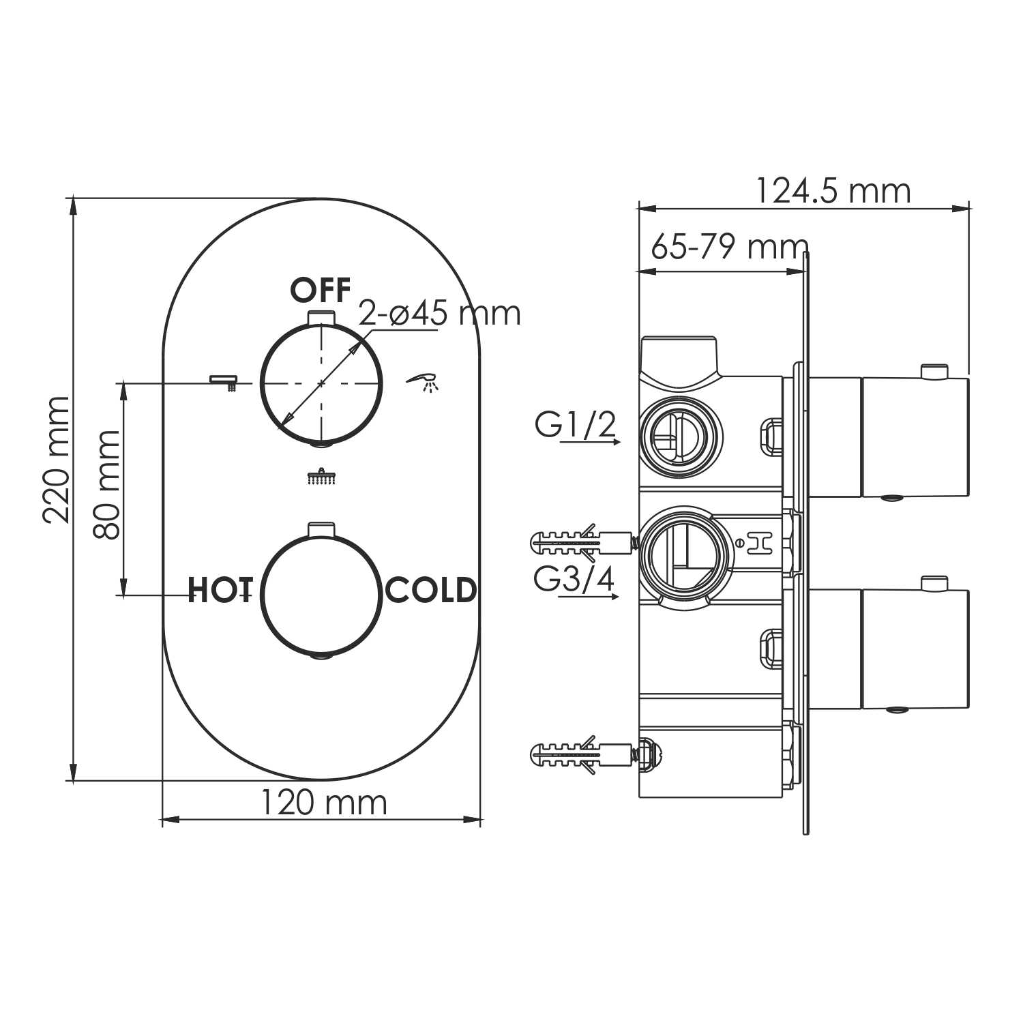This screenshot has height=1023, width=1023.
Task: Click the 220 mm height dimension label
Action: pos(56,460)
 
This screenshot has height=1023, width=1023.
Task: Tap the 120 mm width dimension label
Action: pos(323,803)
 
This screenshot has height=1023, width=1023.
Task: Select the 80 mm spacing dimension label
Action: pos(107,484)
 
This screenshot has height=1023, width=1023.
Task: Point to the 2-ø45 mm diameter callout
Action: pos(440,314)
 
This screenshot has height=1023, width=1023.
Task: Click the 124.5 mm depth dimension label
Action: pos(833,191)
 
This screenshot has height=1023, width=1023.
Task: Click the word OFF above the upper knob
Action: pos(321,291)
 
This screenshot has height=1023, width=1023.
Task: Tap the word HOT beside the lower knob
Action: pos(220,591)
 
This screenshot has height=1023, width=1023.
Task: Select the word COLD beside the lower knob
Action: pos(431,591)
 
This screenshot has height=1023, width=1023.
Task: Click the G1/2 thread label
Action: pos(576,426)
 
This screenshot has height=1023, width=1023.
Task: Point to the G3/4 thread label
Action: pos(574,580)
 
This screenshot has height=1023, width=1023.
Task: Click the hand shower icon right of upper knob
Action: pos(424,382)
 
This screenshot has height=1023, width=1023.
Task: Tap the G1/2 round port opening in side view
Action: pos(679,436)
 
